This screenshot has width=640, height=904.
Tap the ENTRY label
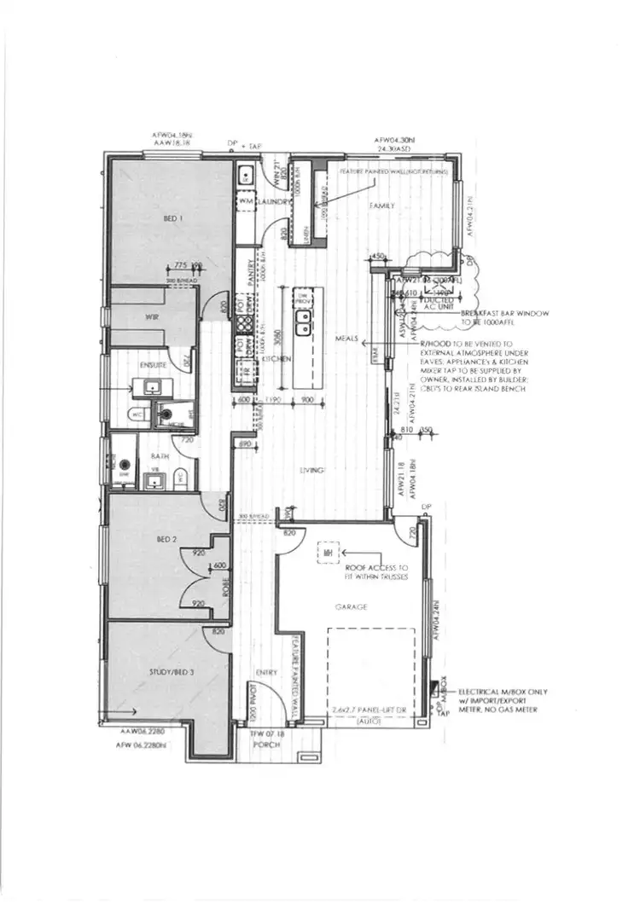266,673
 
